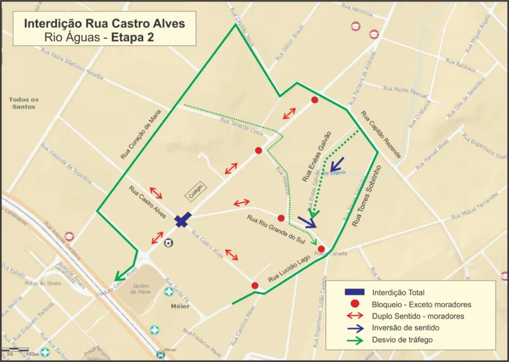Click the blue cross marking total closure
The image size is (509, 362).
(x=183, y=220)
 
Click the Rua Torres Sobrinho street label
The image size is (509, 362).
(x=366, y=196)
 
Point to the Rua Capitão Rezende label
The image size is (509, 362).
(x=381, y=134)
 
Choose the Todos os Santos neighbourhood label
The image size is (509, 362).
(x=23, y=103)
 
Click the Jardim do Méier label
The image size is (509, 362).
(x=141, y=289)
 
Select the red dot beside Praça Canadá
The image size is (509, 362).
(x=321, y=249)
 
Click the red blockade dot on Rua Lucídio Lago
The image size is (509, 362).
(x=255, y=285)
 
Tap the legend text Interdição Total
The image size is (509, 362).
(x=398, y=292)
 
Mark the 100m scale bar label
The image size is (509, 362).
(x=32, y=354)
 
